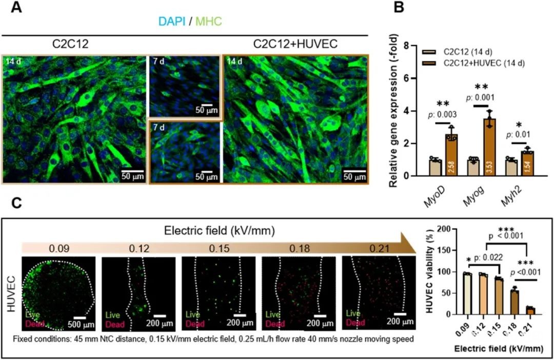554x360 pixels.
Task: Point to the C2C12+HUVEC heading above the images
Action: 295,44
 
